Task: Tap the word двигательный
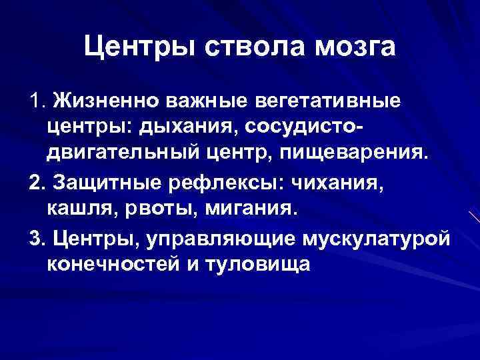[x=123, y=153]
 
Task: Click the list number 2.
[x=35, y=182]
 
